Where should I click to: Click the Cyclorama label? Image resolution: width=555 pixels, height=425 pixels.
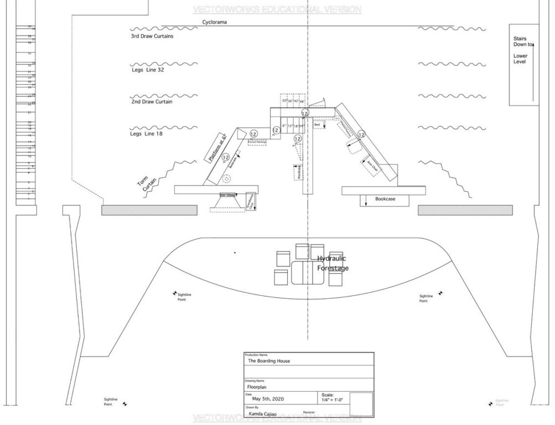pos(215,22)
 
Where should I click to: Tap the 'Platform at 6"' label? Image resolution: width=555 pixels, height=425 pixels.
pos(217,148)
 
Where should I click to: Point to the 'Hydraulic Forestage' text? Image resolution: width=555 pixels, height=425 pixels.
pos(333,263)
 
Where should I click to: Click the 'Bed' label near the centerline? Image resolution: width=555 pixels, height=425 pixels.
pos(317,125)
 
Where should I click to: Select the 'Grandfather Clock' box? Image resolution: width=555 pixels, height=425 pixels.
pos(251,202)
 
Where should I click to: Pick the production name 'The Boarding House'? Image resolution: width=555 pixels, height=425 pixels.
pos(269,361)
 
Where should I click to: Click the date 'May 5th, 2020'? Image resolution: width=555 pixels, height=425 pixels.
pos(268,398)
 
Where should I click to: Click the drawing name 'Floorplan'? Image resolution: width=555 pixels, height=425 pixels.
pos(257,387)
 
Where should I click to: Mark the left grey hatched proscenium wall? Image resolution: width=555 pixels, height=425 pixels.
pos(149,210)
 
